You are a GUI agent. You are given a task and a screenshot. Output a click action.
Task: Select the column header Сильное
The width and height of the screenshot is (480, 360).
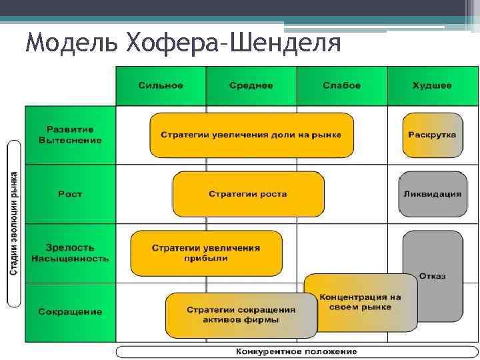point(161,86)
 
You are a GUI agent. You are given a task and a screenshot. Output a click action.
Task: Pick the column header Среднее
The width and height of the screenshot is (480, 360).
point(251,86)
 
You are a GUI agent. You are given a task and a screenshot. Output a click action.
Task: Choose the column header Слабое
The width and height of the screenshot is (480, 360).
point(341,86)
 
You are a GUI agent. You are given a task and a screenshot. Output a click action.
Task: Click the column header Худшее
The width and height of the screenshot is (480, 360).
point(432,86)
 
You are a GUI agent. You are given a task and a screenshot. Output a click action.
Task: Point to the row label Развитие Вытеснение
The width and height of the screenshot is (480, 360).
point(70,135)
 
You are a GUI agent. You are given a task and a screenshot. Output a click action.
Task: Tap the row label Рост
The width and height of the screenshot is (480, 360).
point(70,194)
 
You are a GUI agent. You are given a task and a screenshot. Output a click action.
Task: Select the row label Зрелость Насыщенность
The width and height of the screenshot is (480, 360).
point(70,253)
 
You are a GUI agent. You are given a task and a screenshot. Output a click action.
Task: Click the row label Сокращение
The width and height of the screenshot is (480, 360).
point(70,312)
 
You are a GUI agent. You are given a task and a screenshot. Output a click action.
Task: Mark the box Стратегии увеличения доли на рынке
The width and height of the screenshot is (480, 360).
point(251,135)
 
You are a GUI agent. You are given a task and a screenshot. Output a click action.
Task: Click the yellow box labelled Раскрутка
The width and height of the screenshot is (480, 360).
point(432,135)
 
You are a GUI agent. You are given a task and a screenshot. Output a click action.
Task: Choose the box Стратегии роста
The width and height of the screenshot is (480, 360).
point(248,194)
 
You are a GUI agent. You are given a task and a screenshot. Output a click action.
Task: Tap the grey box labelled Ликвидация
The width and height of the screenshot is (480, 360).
point(432,194)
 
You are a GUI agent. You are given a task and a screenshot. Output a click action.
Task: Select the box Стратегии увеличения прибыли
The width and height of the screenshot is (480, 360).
point(206,253)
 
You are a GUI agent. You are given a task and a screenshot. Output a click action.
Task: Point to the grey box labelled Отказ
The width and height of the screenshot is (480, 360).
point(433,275)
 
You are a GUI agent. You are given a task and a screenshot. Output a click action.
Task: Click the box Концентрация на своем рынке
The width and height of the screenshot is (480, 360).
point(360,302)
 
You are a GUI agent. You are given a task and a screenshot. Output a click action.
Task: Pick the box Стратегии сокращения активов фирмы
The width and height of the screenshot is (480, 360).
point(241,315)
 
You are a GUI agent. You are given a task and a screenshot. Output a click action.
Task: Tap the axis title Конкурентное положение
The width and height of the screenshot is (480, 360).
point(296,351)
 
